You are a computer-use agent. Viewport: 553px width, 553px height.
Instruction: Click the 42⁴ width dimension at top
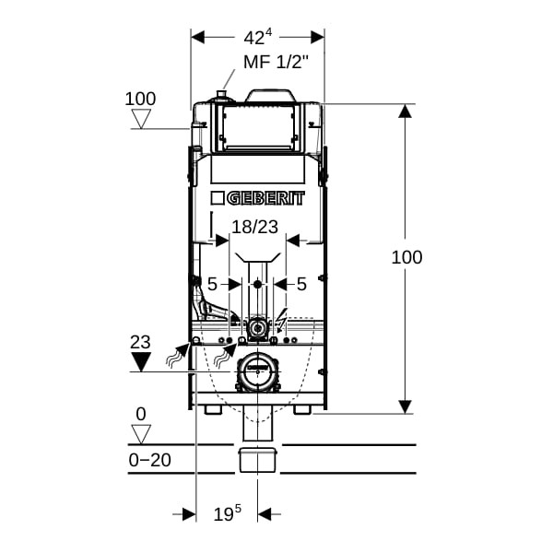[258, 38]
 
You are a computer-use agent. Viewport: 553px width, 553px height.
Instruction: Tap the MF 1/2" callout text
[276, 62]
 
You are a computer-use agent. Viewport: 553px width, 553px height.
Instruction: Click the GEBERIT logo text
[265, 198]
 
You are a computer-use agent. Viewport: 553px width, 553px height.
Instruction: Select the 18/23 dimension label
[255, 227]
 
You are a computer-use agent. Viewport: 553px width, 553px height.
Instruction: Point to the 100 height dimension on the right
[406, 257]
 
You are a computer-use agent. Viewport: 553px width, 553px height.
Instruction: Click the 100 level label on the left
[140, 99]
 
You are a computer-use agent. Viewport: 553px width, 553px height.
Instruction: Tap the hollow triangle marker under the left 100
[141, 119]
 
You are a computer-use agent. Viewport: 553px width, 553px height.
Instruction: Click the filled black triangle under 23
[141, 361]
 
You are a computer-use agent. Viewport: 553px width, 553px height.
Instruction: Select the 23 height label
[140, 342]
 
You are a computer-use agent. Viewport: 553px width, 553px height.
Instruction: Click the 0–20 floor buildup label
[150, 460]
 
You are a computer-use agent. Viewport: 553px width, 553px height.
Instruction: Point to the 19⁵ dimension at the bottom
[228, 513]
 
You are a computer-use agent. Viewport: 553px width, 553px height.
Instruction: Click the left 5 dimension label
[212, 284]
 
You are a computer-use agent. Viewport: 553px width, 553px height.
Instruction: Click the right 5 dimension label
[301, 284]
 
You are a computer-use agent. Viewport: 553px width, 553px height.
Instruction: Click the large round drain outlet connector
[258, 371]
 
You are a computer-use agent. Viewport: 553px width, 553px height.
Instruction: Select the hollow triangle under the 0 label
[141, 434]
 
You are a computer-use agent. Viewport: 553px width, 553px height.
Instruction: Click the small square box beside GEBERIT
[218, 198]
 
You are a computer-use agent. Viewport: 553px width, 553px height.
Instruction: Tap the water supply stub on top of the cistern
[222, 96]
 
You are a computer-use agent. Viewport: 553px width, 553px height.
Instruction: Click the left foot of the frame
[213, 410]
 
